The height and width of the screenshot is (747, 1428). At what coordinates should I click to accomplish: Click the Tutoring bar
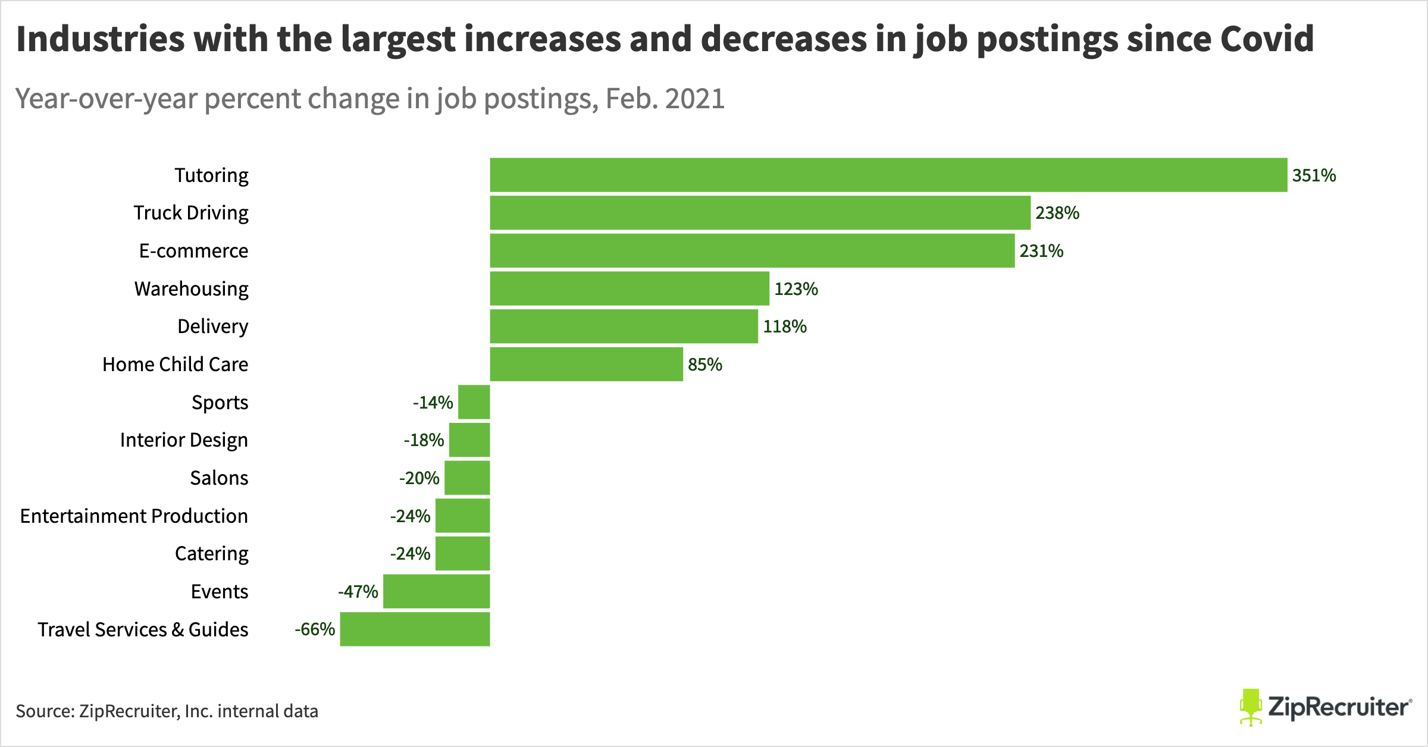[888, 175]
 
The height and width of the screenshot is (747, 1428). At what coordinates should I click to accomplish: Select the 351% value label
[1314, 175]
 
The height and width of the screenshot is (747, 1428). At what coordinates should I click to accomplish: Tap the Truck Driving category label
[190, 213]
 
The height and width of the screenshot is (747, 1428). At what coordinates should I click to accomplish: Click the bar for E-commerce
[752, 250]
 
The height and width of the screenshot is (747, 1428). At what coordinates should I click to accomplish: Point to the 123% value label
[796, 289]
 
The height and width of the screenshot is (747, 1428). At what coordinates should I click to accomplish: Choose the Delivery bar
[624, 326]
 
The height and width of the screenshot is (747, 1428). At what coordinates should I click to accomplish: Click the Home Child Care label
[175, 364]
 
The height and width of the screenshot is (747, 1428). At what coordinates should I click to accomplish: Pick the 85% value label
[704, 365]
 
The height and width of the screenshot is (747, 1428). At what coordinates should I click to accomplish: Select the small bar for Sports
[474, 402]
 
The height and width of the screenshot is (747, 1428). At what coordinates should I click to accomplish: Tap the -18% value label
[424, 440]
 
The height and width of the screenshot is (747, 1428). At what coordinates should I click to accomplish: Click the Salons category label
[219, 478]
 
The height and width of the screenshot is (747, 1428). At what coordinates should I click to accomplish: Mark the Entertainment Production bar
[462, 516]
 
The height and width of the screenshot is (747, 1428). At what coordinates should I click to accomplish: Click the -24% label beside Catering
[410, 554]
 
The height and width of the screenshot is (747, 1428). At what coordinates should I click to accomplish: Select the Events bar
[436, 591]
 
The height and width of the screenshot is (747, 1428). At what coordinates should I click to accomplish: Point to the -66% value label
[315, 629]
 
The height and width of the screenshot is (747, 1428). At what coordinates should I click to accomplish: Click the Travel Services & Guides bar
[415, 629]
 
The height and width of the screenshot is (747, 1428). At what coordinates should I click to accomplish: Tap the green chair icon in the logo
[1251, 707]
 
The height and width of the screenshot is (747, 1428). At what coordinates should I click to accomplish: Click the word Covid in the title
[1267, 39]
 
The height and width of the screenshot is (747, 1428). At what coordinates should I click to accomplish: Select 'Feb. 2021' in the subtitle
[665, 99]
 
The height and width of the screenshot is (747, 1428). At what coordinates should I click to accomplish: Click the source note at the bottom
[167, 711]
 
